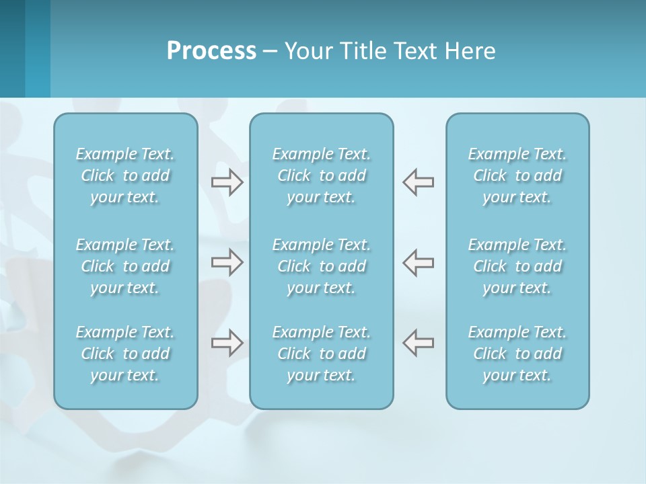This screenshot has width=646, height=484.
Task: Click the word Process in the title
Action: point(211,51)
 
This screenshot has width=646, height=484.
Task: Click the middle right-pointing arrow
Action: point(227,263)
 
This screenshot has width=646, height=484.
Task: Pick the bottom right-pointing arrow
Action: point(227,343)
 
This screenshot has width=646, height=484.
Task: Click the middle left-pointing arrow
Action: point(419,263)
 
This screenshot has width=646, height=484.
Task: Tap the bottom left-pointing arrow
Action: point(419,343)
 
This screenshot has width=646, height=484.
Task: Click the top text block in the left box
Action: point(125,175)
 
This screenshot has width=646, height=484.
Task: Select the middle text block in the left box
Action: point(125,266)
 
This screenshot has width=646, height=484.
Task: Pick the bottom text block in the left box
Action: point(125,354)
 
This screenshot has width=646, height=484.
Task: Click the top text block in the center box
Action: point(322,175)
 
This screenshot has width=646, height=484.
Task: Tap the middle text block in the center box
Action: point(322,266)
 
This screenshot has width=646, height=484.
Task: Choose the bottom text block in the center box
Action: point(322,354)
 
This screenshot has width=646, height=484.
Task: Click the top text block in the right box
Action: point(517,175)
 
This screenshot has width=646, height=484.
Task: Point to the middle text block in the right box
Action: point(517,266)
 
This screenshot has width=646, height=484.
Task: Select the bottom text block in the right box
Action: point(517,354)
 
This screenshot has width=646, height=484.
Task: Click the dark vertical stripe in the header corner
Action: point(12,48)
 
